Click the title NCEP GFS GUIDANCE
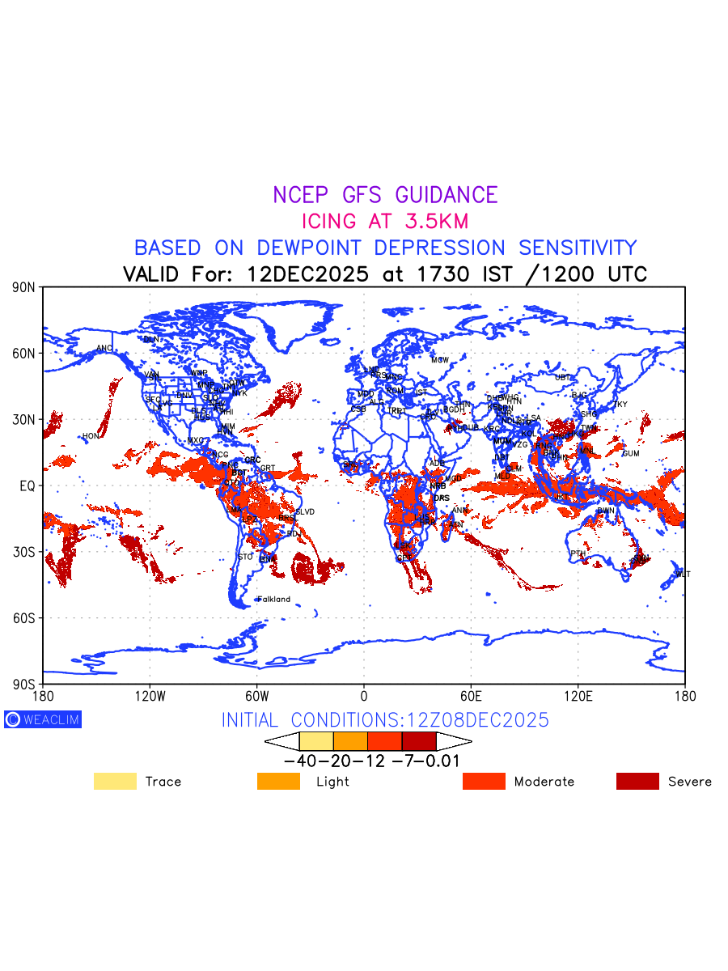click(x=385, y=195)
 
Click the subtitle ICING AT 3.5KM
click(x=385, y=221)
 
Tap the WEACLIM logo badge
click(x=43, y=719)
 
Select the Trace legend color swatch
click(x=115, y=781)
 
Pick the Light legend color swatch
click(x=278, y=781)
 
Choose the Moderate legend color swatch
click(x=484, y=781)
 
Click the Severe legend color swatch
click(x=637, y=781)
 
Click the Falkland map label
click(x=273, y=600)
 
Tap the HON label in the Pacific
click(x=90, y=436)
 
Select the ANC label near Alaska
click(x=104, y=349)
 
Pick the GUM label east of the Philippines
click(x=631, y=454)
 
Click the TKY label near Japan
click(x=620, y=405)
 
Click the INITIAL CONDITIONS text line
click(x=385, y=720)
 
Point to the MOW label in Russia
click(x=439, y=360)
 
